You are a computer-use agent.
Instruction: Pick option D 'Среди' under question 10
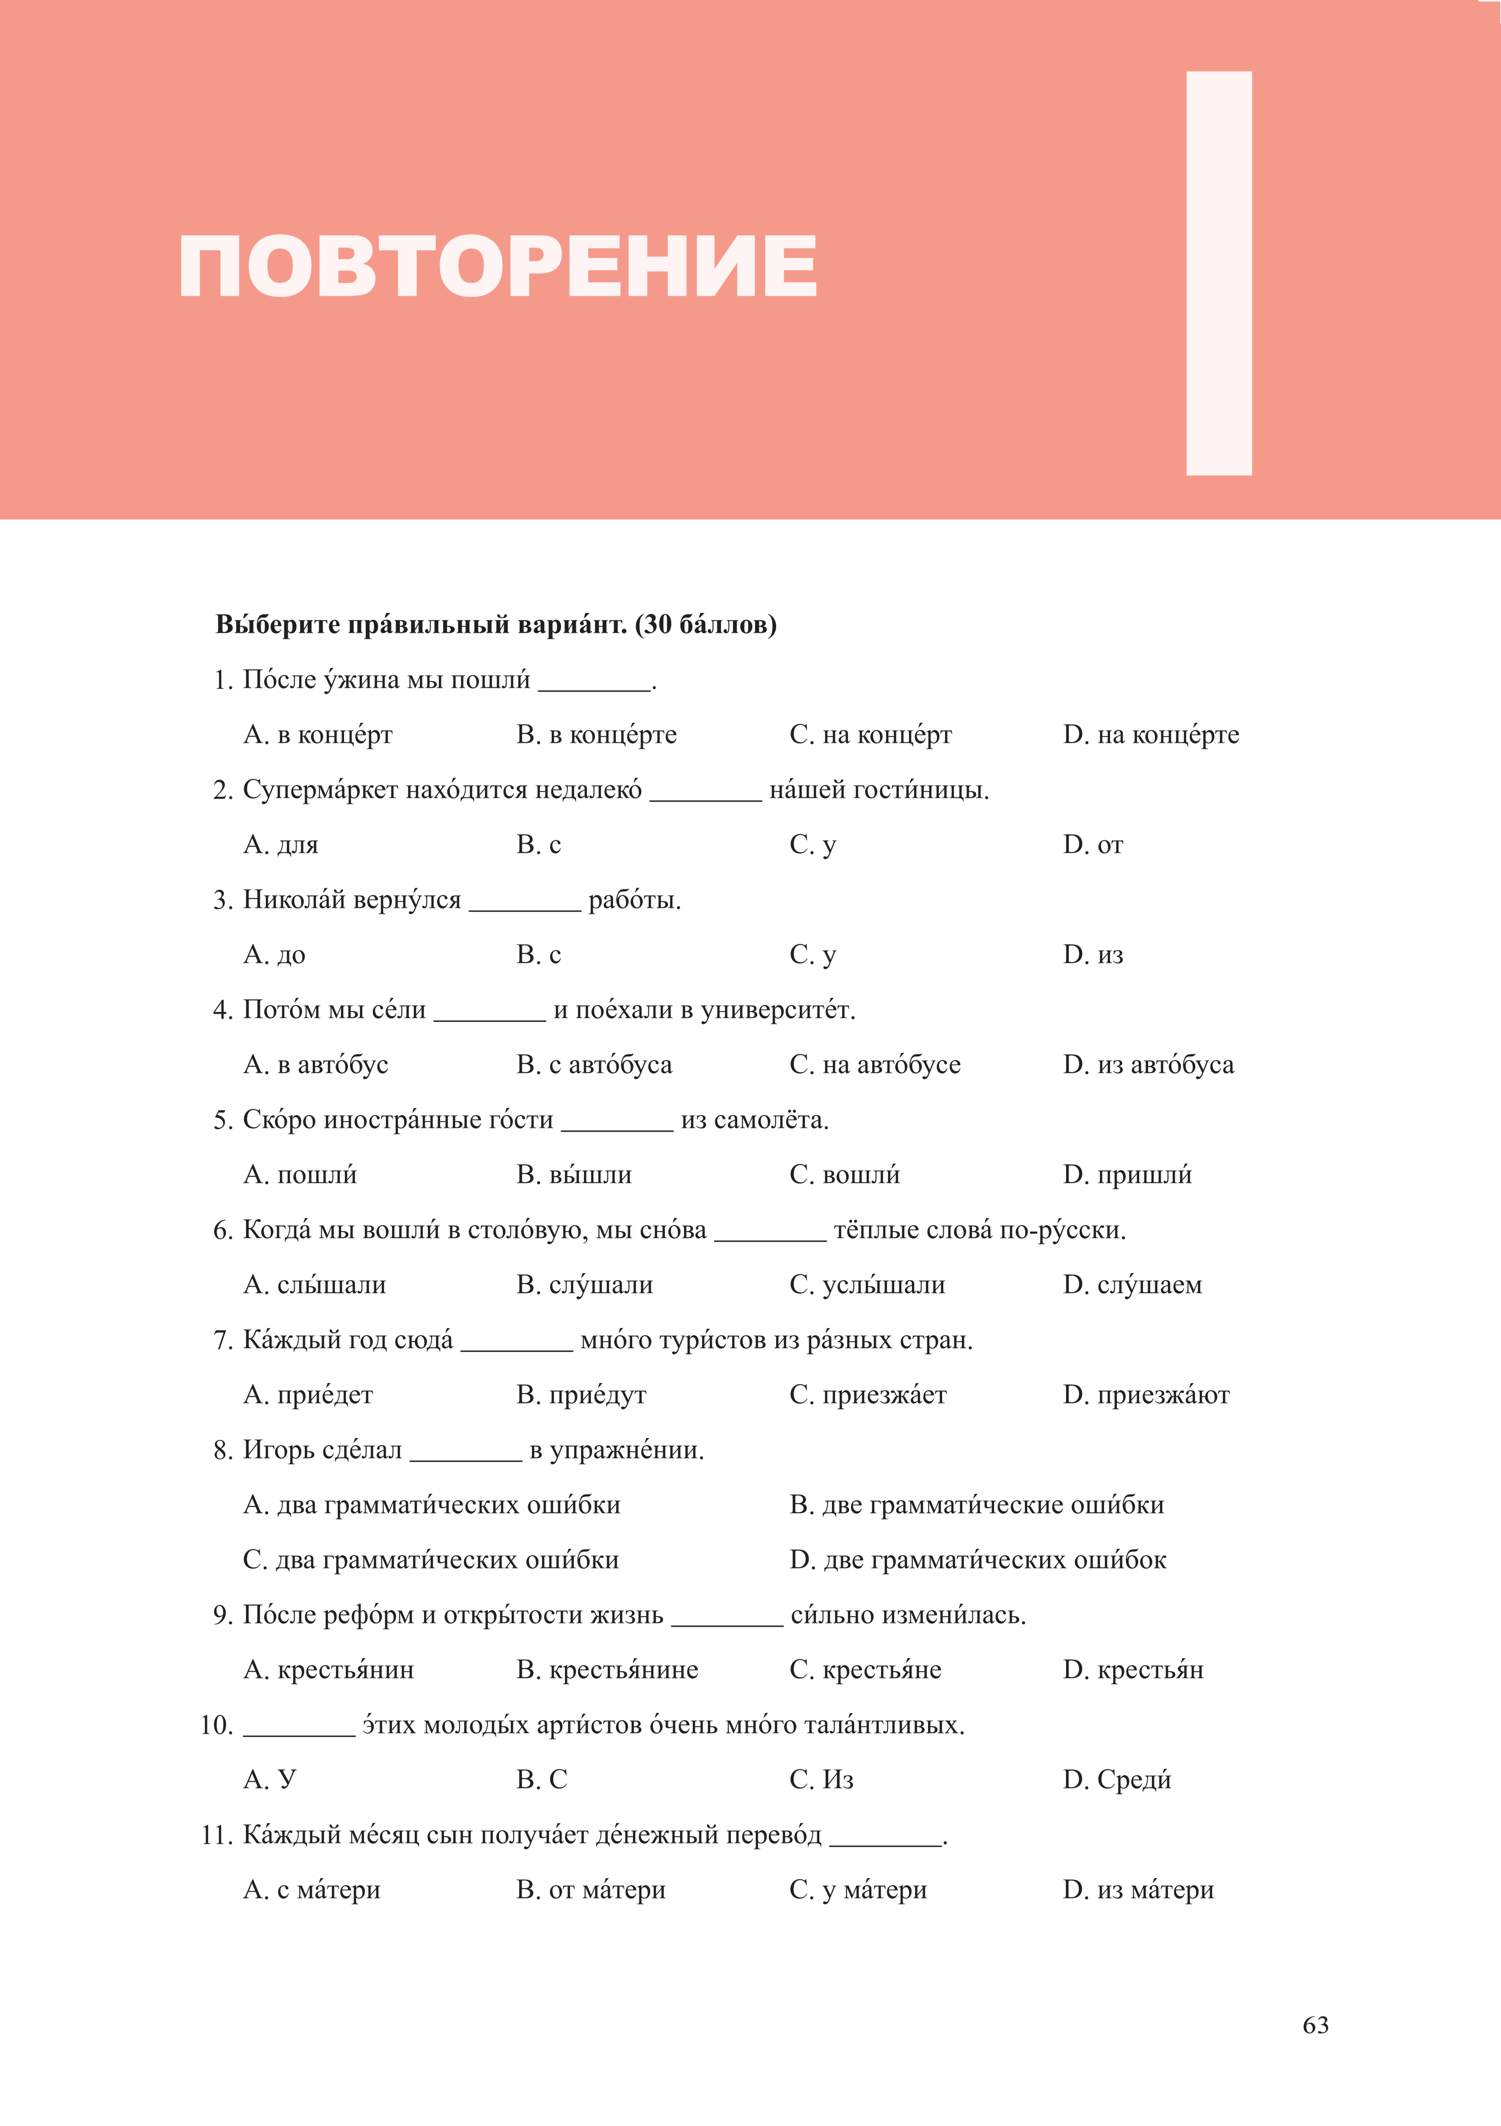pyautogui.click(x=1117, y=1779)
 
